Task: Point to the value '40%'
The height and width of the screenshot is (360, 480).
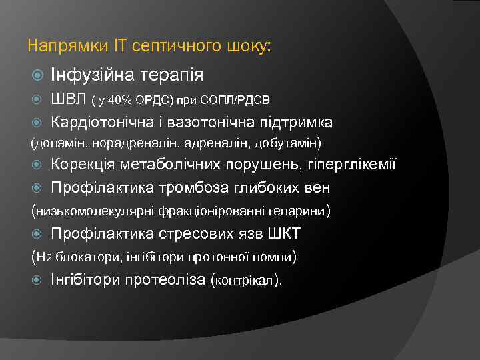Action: [121, 101]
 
